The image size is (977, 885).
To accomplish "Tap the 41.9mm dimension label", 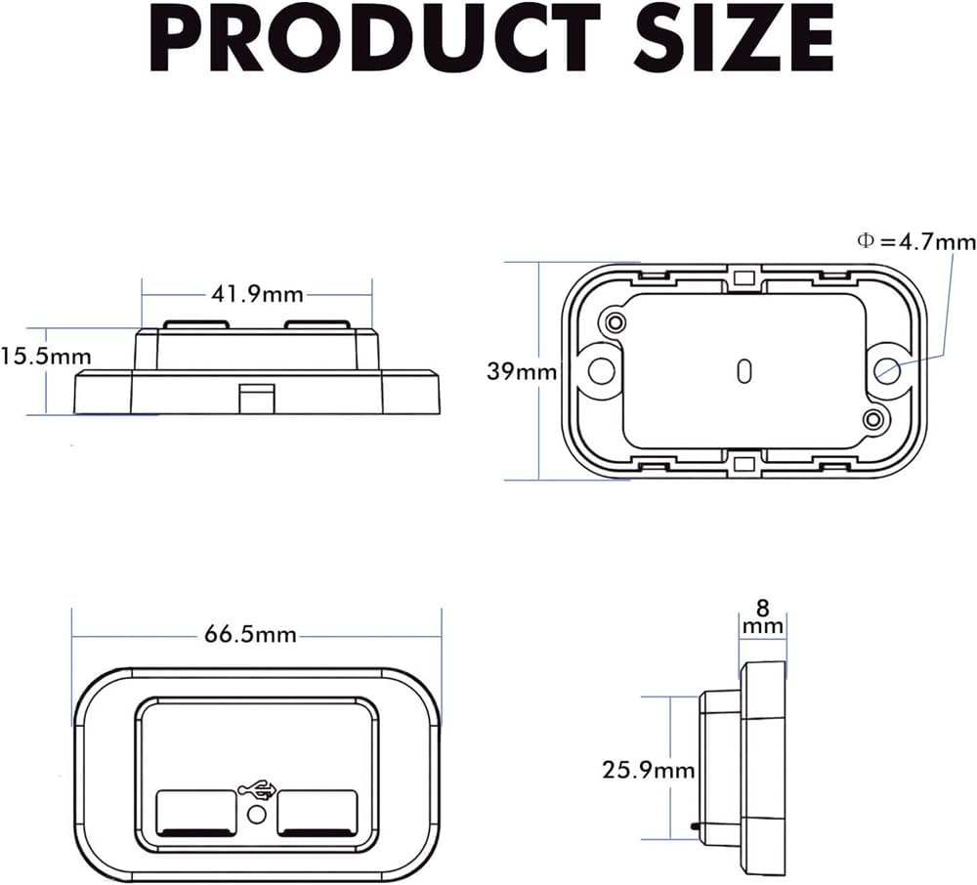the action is (257, 294).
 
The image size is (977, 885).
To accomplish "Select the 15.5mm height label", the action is (46, 357).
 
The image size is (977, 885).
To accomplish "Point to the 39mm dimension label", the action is (522, 372).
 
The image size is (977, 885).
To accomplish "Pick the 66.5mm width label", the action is (250, 635).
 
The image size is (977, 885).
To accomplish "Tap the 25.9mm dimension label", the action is (648, 771).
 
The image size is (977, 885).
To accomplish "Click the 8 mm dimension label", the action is (763, 616).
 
